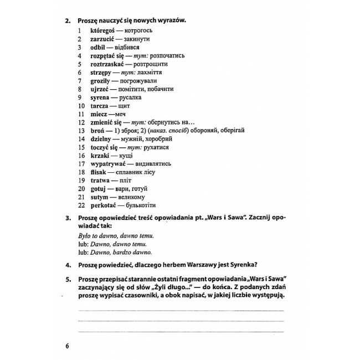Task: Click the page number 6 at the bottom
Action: [67, 347]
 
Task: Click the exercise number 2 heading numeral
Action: [67, 20]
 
